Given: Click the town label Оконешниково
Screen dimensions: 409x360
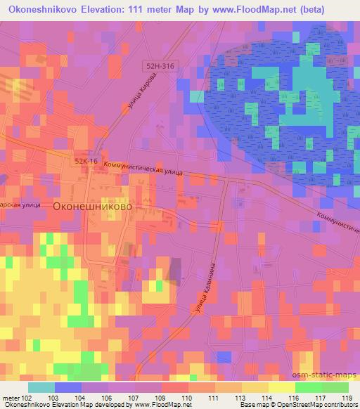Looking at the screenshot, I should coord(92,207).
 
